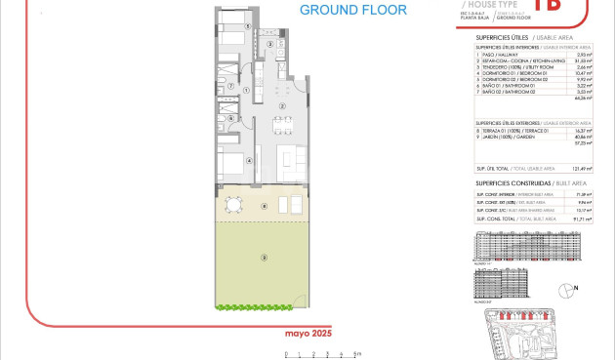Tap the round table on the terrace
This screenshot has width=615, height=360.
point(231,204)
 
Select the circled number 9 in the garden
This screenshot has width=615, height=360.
point(263,258)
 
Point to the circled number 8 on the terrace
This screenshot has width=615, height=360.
point(264,206)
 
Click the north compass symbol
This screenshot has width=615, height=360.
point(569,289)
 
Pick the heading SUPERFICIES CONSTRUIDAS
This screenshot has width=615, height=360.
point(518,182)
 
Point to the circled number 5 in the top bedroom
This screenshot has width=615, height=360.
point(248,27)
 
